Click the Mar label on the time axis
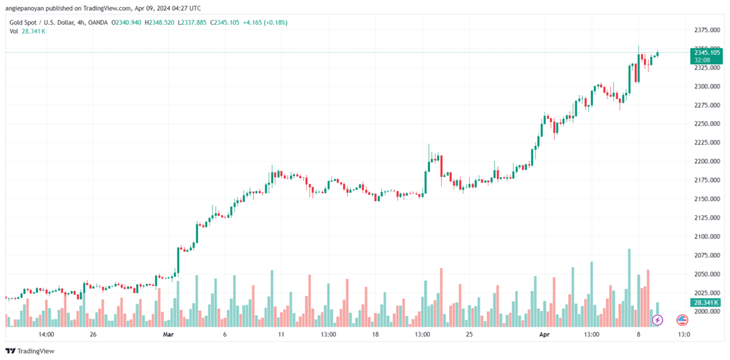[x=168, y=334]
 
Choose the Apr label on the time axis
[x=543, y=334]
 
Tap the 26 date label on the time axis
[x=93, y=334]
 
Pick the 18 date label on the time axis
[x=375, y=334]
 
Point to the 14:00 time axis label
[x=46, y=334]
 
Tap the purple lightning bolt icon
[x=657, y=320]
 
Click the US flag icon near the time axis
[x=682, y=320]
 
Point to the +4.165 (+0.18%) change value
[x=265, y=22]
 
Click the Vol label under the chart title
[x=14, y=31]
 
